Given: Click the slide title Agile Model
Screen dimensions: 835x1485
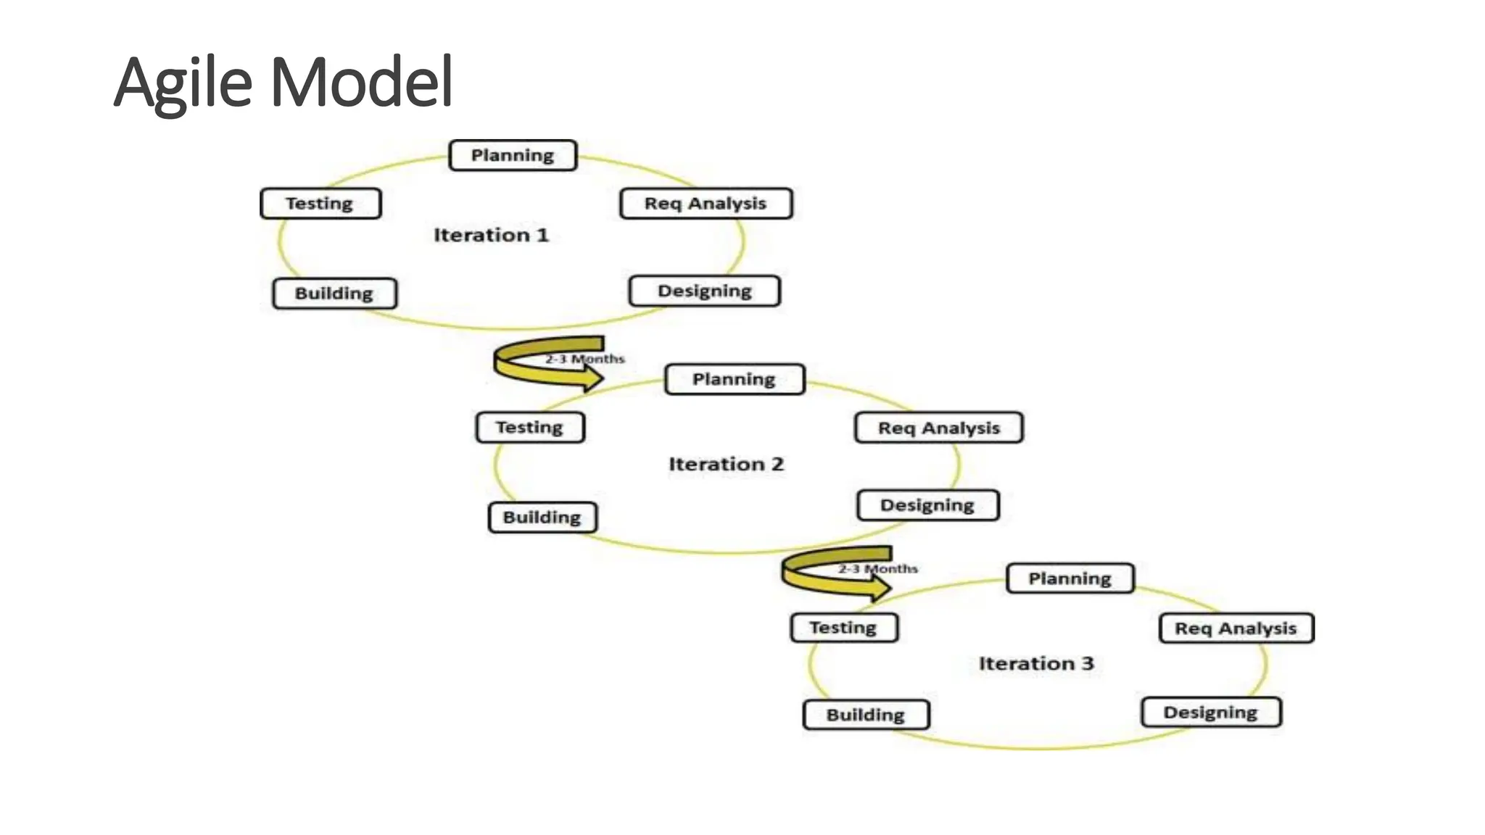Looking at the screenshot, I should [284, 82].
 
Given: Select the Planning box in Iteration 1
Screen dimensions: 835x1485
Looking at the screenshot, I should [513, 155].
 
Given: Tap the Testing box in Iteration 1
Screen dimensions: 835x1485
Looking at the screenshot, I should [320, 204].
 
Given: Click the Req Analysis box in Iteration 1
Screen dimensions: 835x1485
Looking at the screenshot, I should [706, 204].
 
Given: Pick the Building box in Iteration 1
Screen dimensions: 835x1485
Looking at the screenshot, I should [334, 294].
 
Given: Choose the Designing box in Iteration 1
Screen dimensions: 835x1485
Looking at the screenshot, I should [704, 291].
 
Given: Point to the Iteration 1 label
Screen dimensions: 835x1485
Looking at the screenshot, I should [491, 235].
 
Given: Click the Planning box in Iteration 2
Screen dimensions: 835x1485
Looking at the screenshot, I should [734, 379].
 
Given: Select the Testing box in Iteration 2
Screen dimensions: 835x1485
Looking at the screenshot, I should [530, 428].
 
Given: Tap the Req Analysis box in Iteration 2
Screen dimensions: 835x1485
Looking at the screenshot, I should [938, 428].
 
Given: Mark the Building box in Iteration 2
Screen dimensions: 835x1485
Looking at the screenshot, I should [542, 518].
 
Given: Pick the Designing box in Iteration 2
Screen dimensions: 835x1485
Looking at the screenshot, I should [927, 505].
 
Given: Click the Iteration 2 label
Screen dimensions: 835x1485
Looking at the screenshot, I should [726, 464].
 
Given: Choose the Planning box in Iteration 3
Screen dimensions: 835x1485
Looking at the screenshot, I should [1070, 578].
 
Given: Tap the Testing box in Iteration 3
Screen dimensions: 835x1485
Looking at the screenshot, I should [843, 628].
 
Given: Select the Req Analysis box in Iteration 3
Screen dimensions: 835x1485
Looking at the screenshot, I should [1236, 628].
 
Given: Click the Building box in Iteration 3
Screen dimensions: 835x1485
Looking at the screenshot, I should [866, 715].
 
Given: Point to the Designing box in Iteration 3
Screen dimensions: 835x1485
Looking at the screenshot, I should [1210, 713].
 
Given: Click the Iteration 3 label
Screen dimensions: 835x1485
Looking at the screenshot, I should [1036, 663].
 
